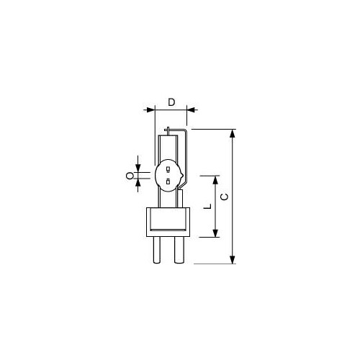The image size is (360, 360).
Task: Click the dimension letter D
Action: coord(171,102)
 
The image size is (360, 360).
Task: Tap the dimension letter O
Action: coord(130,176)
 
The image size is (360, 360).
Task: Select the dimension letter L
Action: coord(207,207)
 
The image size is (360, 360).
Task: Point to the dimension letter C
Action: coord(225,197)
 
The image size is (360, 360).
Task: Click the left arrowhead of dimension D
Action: coord(150,110)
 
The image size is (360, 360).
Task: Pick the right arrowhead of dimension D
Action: coord(191,110)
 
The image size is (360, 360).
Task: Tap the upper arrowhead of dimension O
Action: coord(138,168)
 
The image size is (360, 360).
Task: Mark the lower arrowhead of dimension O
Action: coord(138,184)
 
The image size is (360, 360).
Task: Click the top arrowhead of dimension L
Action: coord(215,180)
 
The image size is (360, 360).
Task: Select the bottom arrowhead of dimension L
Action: coord(215,233)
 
